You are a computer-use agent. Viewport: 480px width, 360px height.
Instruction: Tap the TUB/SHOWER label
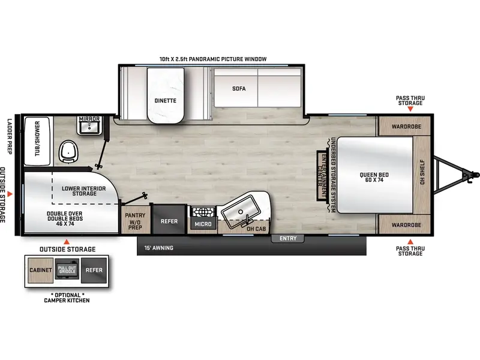[37, 139]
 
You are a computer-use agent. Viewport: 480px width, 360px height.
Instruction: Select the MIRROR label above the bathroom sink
[89, 119]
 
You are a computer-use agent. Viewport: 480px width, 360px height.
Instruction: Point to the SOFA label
[239, 88]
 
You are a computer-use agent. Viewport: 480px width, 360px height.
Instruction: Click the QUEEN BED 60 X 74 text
[376, 178]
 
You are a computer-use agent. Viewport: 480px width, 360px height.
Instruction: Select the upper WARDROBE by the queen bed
[404, 127]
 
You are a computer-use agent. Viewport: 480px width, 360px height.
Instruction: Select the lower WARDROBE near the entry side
[404, 224]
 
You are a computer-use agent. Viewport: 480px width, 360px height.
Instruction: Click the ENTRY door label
[288, 238]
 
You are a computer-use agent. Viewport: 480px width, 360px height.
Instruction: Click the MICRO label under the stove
[202, 224]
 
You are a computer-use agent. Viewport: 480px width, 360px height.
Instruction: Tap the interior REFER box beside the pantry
[169, 220]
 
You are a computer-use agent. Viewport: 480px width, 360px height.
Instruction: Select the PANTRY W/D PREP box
[135, 220]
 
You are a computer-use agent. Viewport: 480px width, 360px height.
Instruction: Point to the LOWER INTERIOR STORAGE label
[83, 191]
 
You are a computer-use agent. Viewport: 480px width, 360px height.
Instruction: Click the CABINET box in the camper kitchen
[38, 270]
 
